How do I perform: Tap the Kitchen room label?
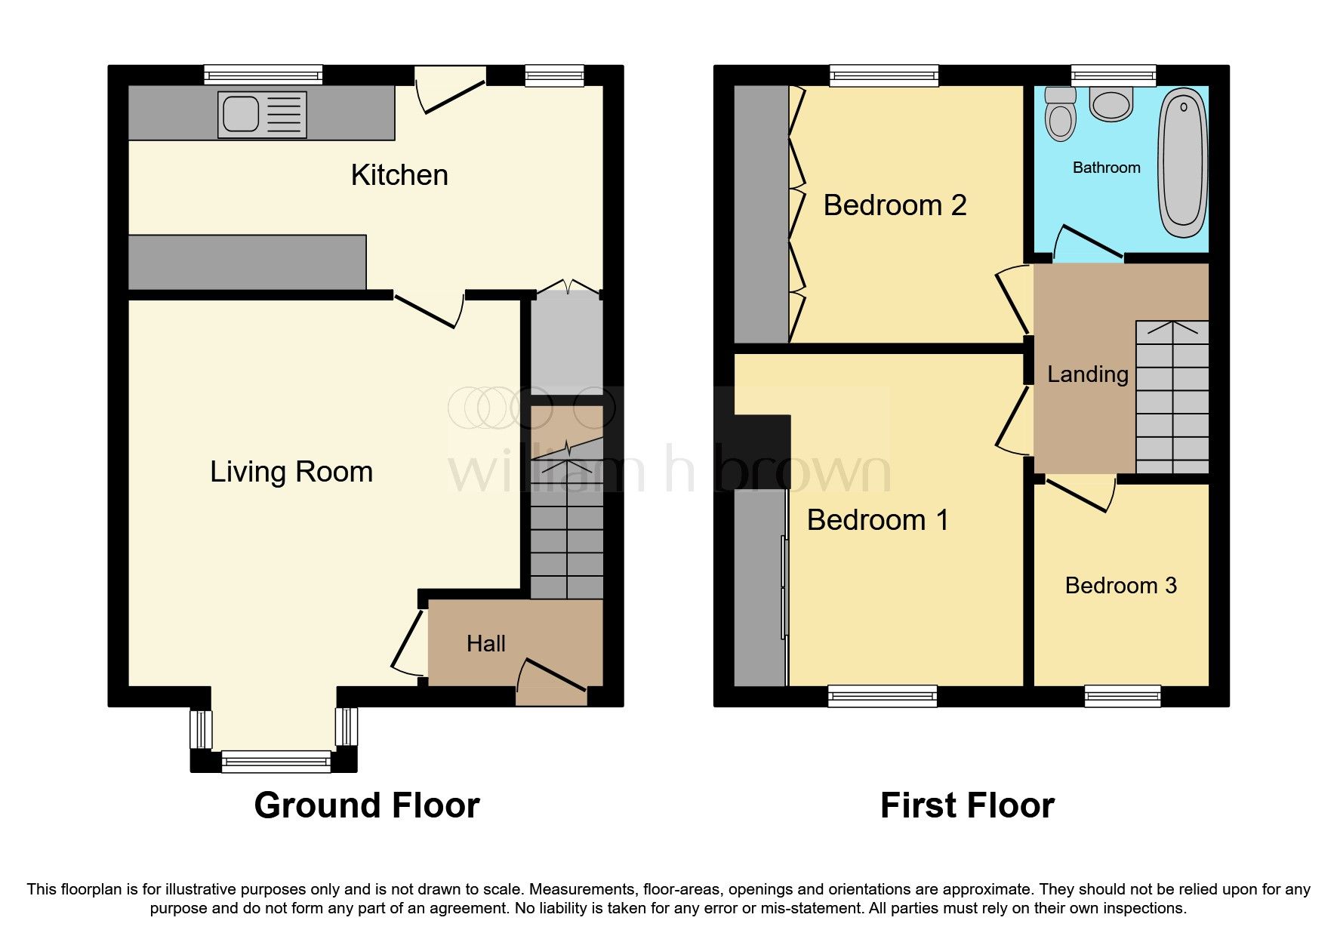click(x=399, y=175)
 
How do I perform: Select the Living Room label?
click(x=291, y=472)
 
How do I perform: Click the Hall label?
click(x=485, y=644)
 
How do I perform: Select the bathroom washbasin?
click(x=1111, y=105)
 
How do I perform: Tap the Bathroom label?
click(x=1106, y=168)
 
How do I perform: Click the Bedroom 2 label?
click(x=895, y=205)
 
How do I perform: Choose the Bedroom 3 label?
click(x=1120, y=586)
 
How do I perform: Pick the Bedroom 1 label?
click(x=877, y=520)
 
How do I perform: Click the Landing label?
click(x=1087, y=374)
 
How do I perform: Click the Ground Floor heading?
click(x=367, y=805)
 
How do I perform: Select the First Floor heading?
click(x=967, y=805)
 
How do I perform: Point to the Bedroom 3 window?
click(x=1122, y=695)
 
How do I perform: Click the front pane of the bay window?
click(x=276, y=762)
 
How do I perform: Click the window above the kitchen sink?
click(x=263, y=74)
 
